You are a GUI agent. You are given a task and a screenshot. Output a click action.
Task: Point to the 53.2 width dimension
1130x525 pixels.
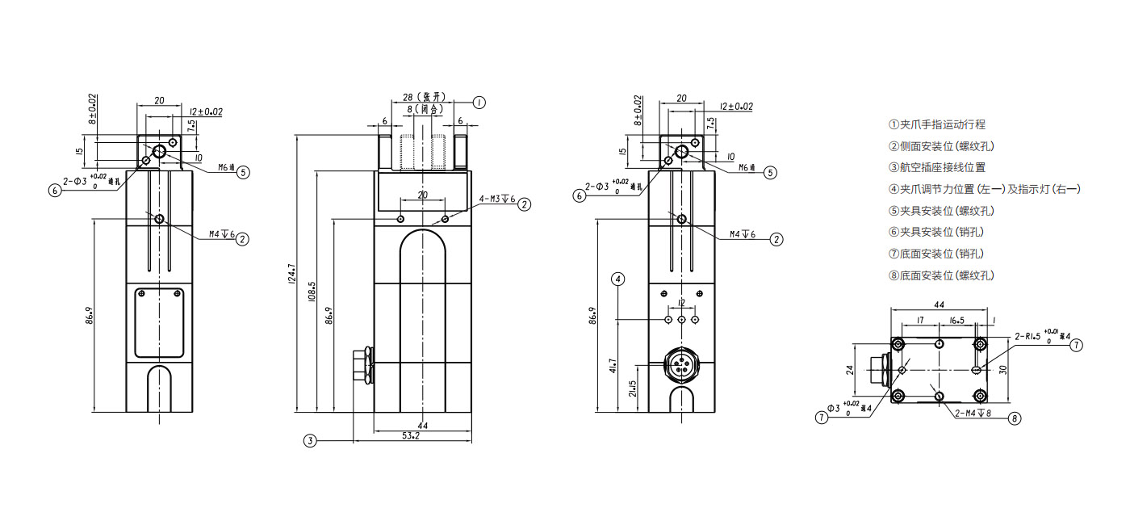411,436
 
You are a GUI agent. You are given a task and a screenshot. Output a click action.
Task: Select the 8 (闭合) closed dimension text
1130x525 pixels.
421,108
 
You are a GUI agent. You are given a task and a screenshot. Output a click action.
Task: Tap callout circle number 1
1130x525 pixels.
479,103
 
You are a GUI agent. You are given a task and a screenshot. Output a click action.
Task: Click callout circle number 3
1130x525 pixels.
310,440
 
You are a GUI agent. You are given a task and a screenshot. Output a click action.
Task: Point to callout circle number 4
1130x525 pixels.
618,279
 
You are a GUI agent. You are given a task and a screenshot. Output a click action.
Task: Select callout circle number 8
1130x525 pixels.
1015,418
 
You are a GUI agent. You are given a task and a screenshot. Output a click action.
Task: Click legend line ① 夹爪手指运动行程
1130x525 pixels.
936,124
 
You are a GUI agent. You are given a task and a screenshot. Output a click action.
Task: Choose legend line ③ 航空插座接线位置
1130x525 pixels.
936,167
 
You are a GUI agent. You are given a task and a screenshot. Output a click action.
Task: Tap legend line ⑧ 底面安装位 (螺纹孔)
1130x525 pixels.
941,275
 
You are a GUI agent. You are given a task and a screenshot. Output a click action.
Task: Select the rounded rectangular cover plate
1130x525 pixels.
160,322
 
